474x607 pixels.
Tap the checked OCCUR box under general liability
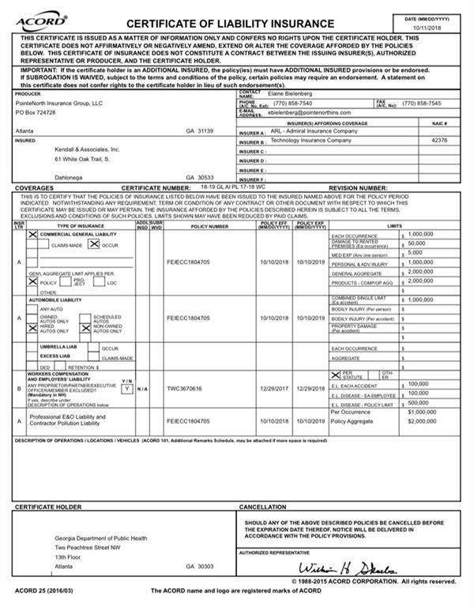93,246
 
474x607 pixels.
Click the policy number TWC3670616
185,389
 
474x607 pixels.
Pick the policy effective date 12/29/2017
274,389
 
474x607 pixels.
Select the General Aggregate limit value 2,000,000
420,271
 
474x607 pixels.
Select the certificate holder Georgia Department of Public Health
101,538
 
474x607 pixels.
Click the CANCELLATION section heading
263,507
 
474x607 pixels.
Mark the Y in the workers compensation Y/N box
126,389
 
